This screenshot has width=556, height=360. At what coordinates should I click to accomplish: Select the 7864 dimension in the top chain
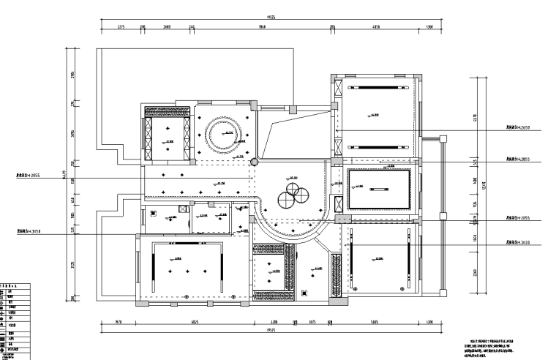coord(262,27)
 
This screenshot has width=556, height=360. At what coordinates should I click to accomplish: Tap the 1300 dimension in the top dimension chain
coord(429,27)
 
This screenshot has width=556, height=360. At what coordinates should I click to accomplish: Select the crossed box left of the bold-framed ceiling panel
coord(339,203)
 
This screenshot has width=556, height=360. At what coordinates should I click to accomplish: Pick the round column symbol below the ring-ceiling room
coord(255,162)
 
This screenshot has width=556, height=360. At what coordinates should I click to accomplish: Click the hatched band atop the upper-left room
coord(167,113)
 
